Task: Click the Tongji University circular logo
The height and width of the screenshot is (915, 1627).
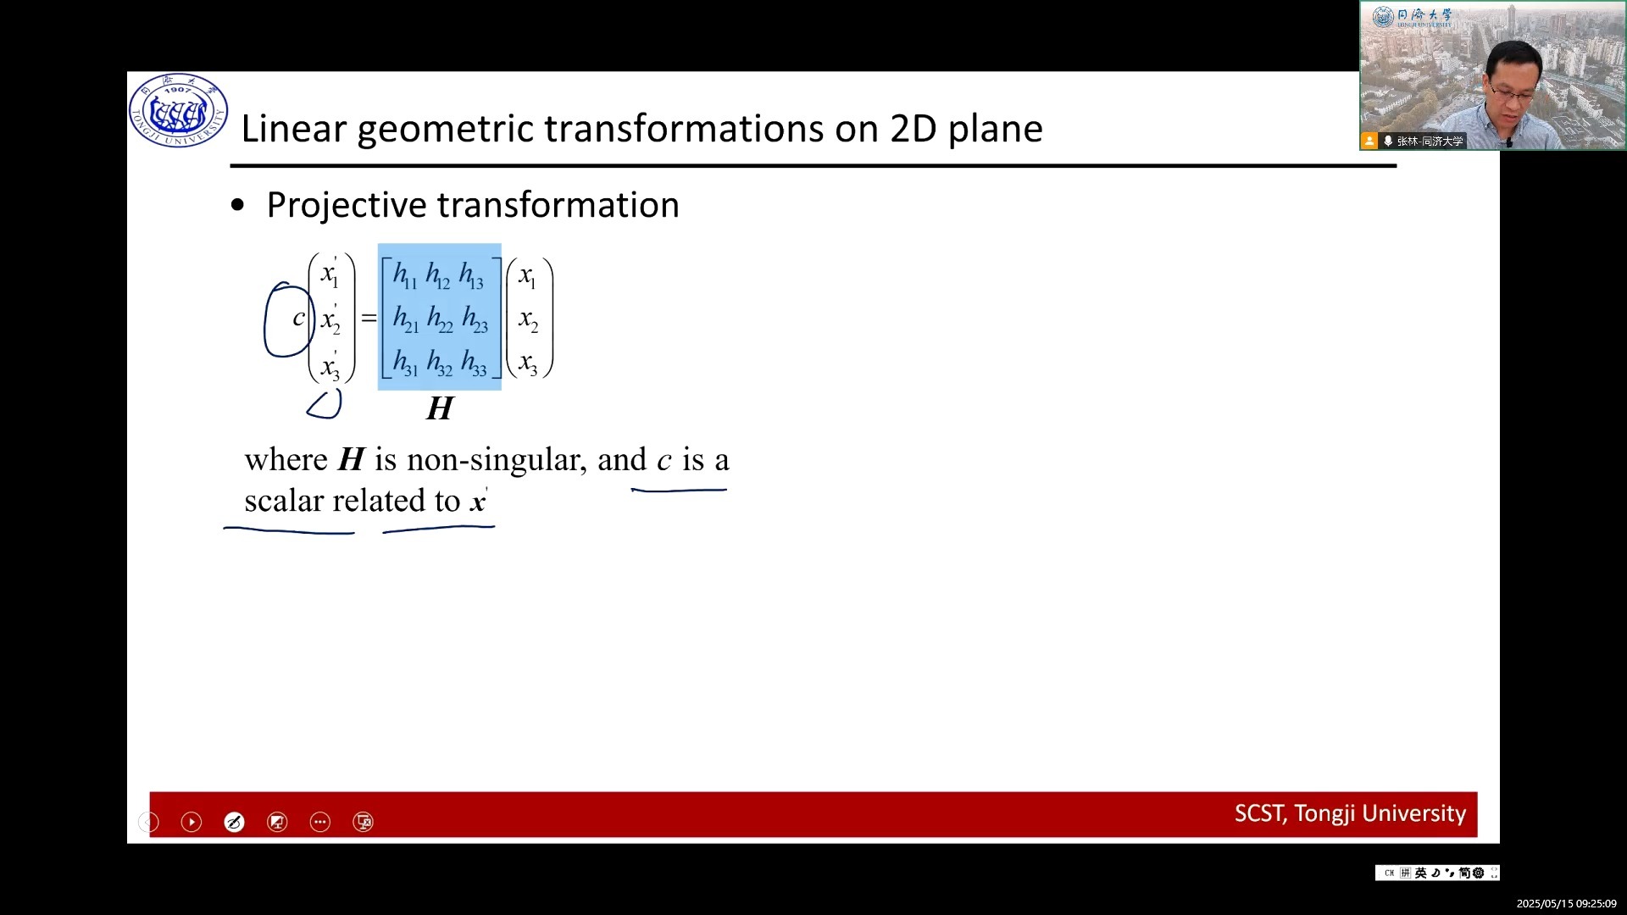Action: [x=178, y=111]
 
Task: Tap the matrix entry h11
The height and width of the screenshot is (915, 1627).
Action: [x=405, y=275]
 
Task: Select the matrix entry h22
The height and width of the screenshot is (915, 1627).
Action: [x=440, y=319]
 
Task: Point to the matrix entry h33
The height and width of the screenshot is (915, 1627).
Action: [x=474, y=363]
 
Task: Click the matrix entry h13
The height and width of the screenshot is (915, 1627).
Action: [x=471, y=275]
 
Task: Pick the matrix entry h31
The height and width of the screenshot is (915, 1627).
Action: [x=405, y=363]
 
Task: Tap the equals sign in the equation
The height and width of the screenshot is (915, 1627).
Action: [x=369, y=319]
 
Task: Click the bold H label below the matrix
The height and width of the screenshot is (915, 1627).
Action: [x=440, y=408]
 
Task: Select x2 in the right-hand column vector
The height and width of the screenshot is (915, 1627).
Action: [x=528, y=320]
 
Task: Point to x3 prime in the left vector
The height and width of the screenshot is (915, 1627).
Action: [x=330, y=366]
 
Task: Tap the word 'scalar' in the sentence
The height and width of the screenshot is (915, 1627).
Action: [x=284, y=501]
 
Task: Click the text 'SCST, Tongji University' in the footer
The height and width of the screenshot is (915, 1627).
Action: [x=1350, y=813]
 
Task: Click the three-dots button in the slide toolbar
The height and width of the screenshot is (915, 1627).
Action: [x=319, y=822]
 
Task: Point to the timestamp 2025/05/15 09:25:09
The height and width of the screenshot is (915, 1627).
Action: [x=1566, y=904]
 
